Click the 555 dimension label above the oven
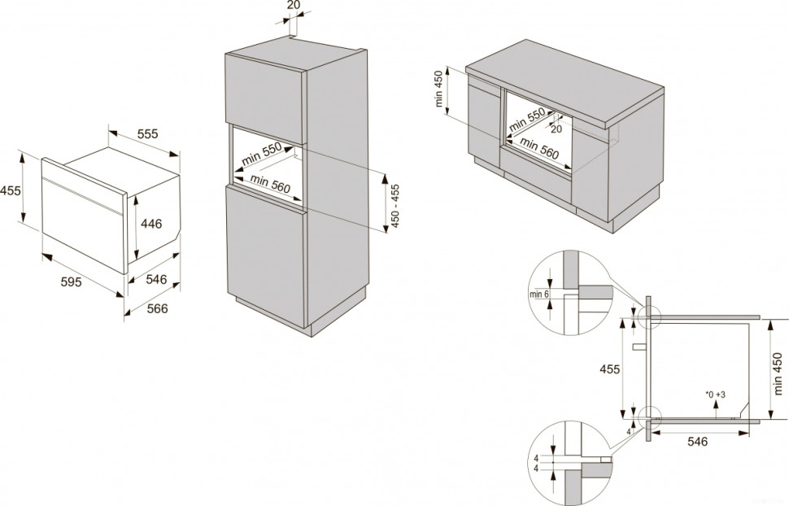pyautogui.click(x=146, y=134)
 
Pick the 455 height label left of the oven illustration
pyautogui.click(x=11, y=191)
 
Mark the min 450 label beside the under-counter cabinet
pyautogui.click(x=439, y=89)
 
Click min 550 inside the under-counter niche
pyautogui.click(x=525, y=122)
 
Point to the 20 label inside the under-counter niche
pyautogui.click(x=556, y=129)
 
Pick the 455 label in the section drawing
pyautogui.click(x=609, y=369)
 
